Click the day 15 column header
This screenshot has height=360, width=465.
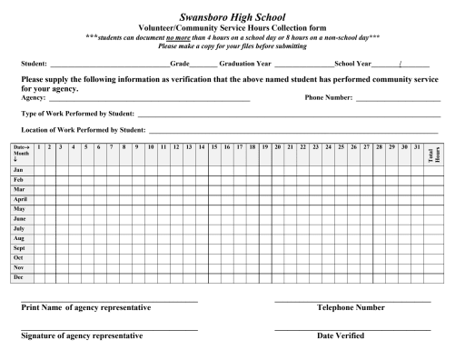(x=214, y=146)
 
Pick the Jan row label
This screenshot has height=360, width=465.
(x=18, y=170)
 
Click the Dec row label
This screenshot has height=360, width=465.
(x=18, y=276)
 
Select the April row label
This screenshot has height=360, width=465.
(x=20, y=199)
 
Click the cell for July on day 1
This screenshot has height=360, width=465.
(x=38, y=228)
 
